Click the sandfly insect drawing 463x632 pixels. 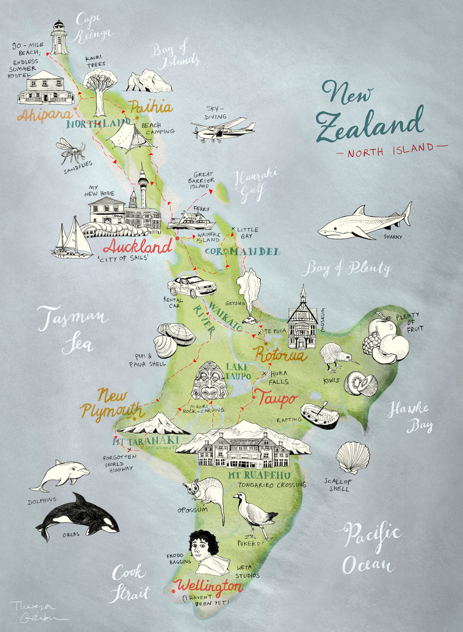pyautogui.click(x=70, y=149)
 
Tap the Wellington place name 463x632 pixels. pyautogui.click(x=207, y=586)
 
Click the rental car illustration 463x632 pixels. pyautogui.click(x=192, y=286)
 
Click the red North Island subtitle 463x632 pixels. pyautogui.click(x=391, y=148)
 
